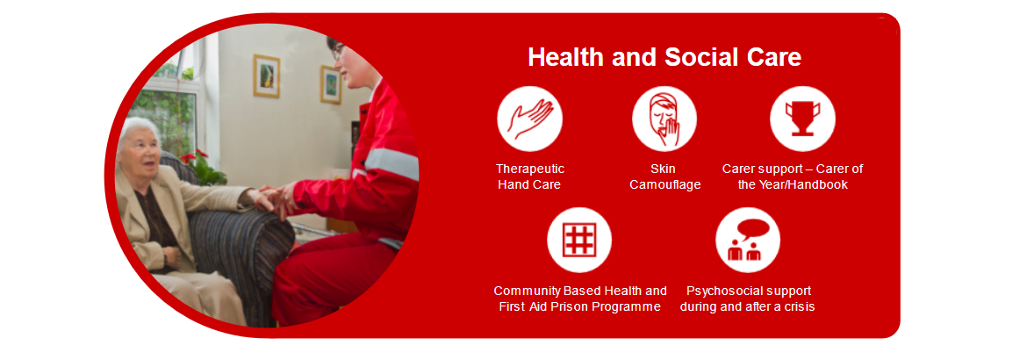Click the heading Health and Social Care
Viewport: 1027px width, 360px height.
point(664,57)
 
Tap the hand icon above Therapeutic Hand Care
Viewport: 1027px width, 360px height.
point(530,119)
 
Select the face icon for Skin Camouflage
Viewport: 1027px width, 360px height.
point(664,119)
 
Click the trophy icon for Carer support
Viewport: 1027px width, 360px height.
point(802,119)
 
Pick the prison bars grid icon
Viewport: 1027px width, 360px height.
point(579,240)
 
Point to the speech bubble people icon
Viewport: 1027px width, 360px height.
point(748,240)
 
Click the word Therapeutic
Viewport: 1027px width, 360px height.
point(530,169)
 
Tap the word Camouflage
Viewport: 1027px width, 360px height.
point(664,185)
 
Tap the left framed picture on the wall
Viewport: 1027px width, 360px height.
point(267,76)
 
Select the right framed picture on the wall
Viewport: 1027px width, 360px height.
point(331,84)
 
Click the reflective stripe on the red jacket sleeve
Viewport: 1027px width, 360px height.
point(391,163)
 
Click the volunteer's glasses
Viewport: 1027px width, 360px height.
point(337,51)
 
